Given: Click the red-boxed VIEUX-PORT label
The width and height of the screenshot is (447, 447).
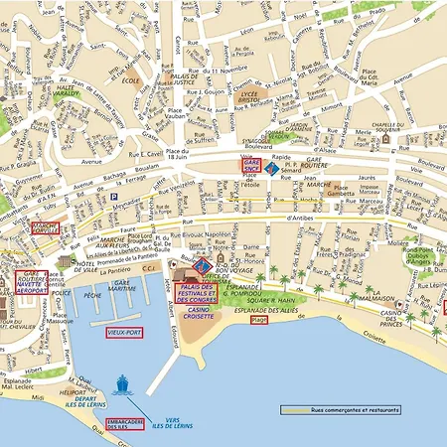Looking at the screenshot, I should click(x=125, y=332).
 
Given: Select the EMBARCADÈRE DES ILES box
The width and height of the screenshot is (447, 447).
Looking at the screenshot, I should click(x=125, y=425).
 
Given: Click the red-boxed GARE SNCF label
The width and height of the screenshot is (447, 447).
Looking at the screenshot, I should click(x=252, y=163).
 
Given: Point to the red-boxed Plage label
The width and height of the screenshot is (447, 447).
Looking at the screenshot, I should click(x=259, y=320).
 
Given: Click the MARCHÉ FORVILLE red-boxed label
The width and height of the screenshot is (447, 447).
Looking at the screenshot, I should click(x=45, y=227).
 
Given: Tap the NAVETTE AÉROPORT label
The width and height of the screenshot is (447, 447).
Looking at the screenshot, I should click(x=30, y=283).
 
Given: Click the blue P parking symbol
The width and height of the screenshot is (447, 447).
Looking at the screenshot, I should click(x=114, y=197).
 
